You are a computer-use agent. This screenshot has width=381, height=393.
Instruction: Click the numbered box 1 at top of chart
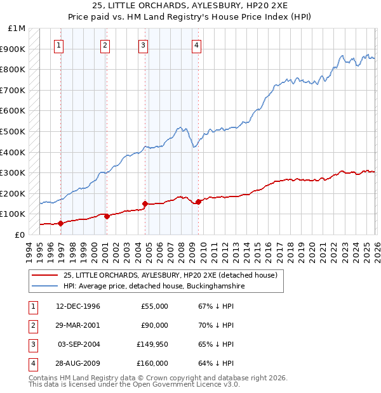58,45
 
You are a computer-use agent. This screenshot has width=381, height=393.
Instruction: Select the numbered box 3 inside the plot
144,45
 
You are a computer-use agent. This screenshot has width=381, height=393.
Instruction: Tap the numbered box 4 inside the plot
197,45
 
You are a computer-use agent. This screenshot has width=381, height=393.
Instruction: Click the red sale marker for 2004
145,204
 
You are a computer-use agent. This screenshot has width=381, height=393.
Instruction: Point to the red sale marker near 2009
199,202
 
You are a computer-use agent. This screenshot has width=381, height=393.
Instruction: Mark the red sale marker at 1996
60,223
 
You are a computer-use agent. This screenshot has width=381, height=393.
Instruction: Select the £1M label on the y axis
17,29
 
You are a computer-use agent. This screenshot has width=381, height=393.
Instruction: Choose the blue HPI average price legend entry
154,287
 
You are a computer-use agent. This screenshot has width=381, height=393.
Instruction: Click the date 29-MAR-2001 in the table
78,325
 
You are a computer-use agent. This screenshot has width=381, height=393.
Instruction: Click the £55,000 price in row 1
154,306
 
